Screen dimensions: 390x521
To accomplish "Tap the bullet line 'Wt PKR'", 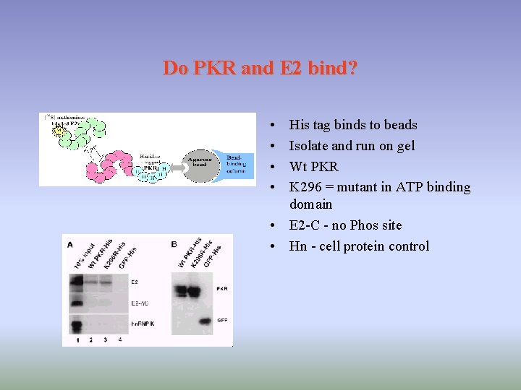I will [313, 166].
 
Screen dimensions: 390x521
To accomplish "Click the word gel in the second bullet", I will [406, 146].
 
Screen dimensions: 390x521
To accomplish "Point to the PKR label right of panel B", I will [221, 288].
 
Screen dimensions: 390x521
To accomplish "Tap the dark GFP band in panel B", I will [205, 320].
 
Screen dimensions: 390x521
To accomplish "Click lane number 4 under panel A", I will [119, 339].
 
